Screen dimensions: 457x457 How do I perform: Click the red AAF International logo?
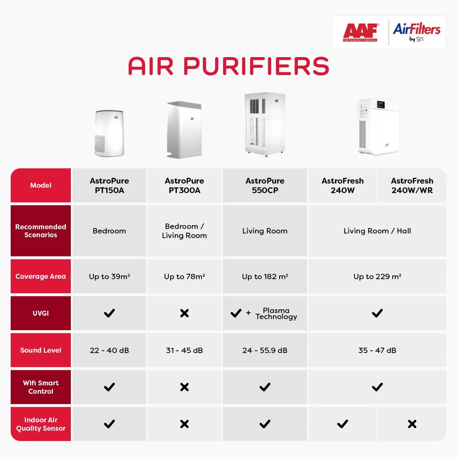click(x=360, y=32)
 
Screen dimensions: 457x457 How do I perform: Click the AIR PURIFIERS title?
click(x=228, y=66)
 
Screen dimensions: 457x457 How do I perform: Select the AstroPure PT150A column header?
click(x=109, y=185)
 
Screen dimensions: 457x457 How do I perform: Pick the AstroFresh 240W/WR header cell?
click(x=412, y=185)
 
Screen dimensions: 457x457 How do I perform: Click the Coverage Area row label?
click(x=40, y=276)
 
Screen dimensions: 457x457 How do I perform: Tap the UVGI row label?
click(x=40, y=313)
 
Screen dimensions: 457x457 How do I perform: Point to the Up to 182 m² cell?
click(x=265, y=276)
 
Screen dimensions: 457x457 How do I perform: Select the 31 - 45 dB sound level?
click(x=184, y=350)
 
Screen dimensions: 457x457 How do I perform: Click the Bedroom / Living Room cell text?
click(x=184, y=231)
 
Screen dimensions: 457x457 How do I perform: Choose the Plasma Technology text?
click(x=276, y=313)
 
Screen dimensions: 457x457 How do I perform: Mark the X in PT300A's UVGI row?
click(x=184, y=313)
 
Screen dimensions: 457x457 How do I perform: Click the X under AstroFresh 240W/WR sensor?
click(x=412, y=424)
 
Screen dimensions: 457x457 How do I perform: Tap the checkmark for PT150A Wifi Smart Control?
click(x=109, y=387)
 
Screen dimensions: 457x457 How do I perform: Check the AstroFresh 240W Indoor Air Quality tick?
click(x=343, y=424)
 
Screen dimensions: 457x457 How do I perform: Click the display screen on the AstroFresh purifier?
click(x=381, y=105)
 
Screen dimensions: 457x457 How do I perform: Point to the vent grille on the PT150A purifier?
click(x=100, y=144)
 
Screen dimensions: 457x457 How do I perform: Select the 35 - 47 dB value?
click(x=377, y=350)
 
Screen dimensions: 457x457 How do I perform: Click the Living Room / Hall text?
click(x=377, y=231)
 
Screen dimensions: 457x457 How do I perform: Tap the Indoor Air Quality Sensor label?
click(x=40, y=424)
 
